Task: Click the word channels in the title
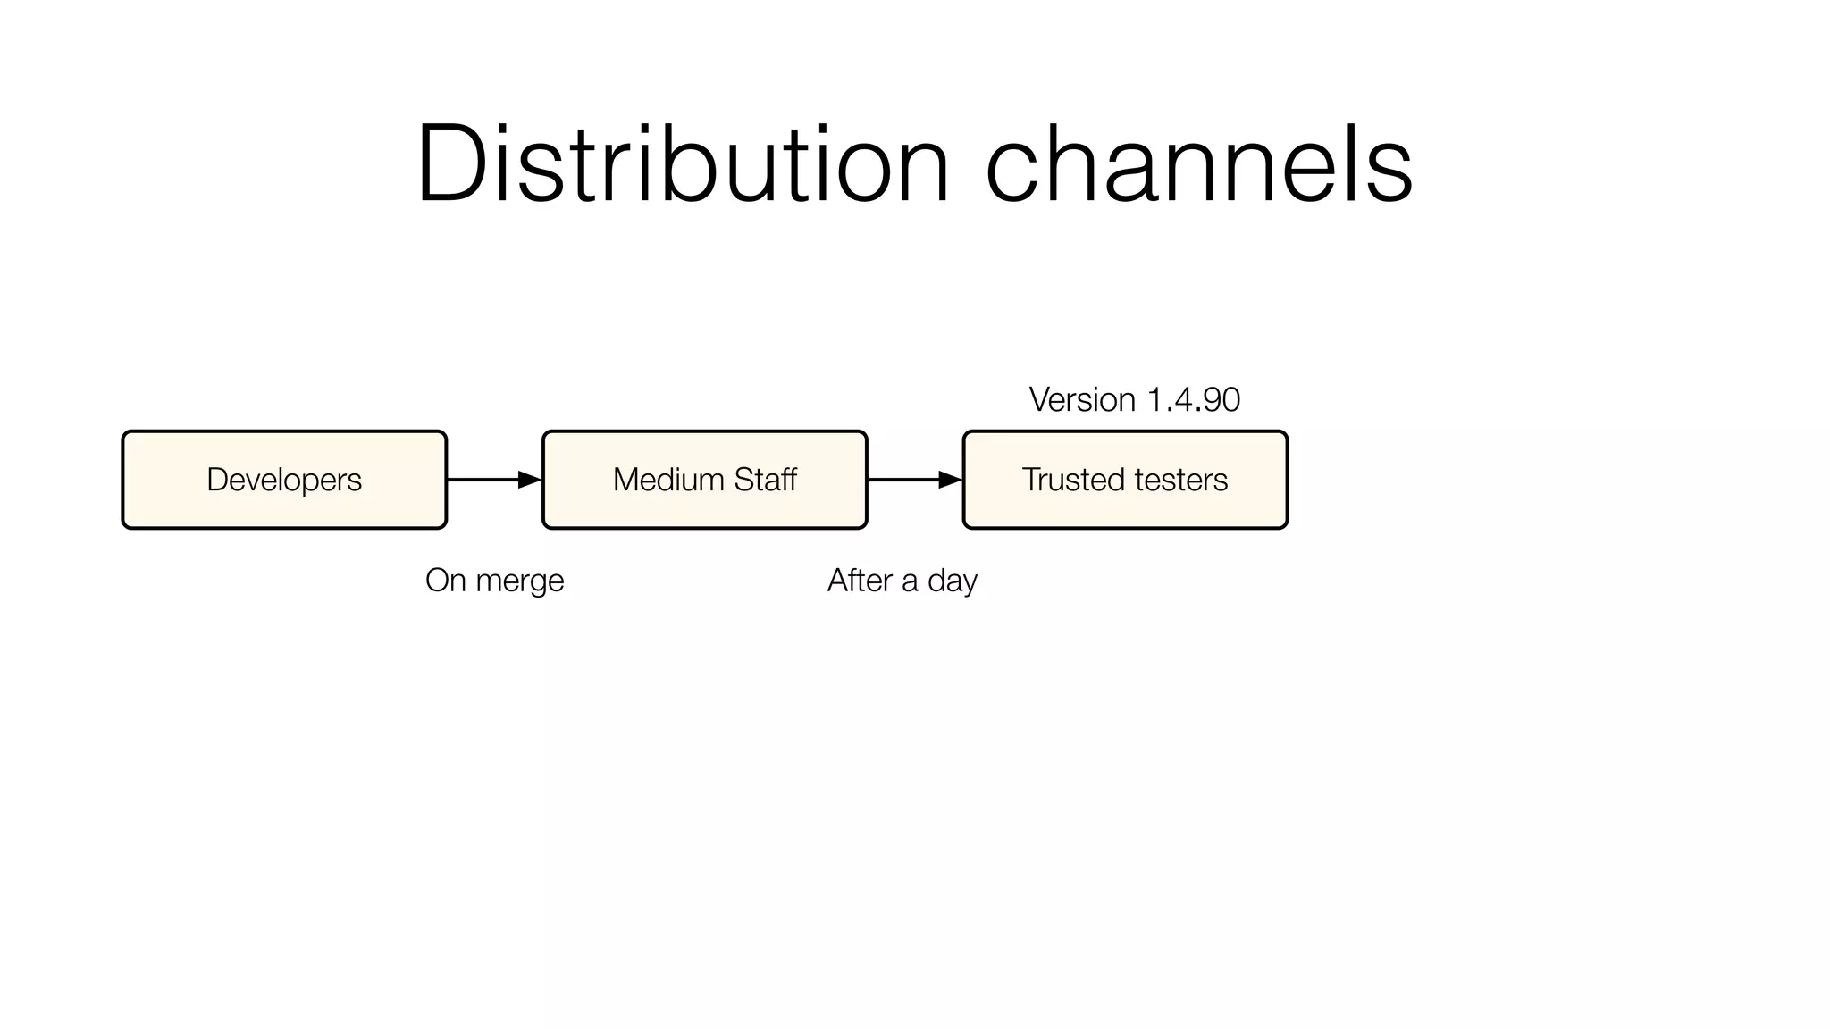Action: point(1198,166)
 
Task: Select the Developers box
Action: point(284,480)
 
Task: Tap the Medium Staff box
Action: point(704,480)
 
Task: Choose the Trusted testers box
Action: point(1124,480)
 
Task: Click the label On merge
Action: point(494,581)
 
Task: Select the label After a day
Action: point(902,581)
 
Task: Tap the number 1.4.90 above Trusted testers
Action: point(1193,399)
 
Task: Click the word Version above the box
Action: point(1082,399)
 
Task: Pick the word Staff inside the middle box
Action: point(765,480)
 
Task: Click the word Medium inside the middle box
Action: point(668,480)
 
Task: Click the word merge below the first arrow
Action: point(519,581)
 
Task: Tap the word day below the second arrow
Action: point(953,581)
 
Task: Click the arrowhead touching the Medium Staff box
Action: point(530,480)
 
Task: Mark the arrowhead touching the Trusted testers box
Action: point(950,480)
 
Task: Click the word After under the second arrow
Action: point(860,581)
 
